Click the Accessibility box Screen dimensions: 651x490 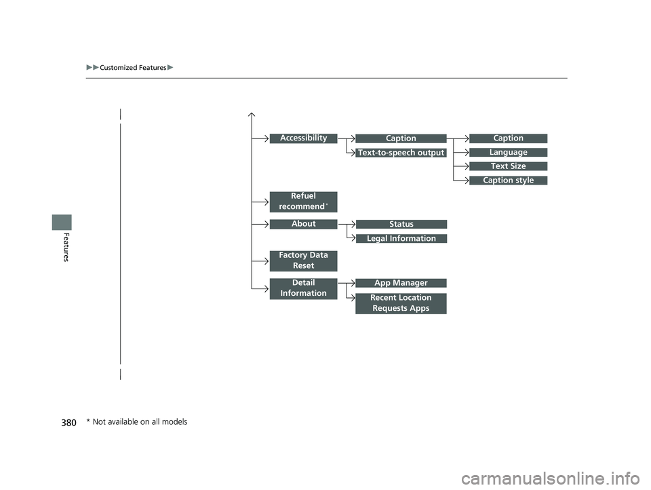(303, 138)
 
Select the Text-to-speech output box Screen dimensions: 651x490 (401, 153)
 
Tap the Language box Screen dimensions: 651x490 (508, 153)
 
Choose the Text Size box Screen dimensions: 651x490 (508, 166)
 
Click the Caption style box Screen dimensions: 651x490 (508, 181)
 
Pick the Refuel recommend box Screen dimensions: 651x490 (303, 202)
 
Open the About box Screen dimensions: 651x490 (303, 224)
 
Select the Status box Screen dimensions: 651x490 (401, 225)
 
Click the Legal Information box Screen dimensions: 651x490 (401, 239)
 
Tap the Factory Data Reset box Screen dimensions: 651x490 (303, 261)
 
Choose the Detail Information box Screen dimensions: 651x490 (303, 288)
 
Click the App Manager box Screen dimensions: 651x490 (401, 283)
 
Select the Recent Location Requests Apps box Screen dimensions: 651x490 (401, 303)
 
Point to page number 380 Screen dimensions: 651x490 (69, 423)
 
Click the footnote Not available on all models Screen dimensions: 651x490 (137, 422)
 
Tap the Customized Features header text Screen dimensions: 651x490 (133, 68)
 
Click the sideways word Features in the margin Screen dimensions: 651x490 (66, 247)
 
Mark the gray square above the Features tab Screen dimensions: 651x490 (62, 223)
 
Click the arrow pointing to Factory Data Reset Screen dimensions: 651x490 (260, 261)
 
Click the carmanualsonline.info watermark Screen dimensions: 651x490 (550, 478)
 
